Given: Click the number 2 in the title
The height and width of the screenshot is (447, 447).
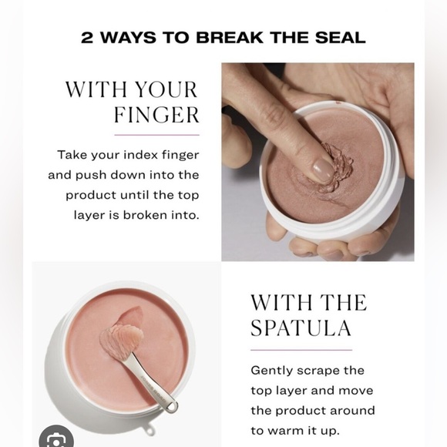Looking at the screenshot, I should tap(87, 37).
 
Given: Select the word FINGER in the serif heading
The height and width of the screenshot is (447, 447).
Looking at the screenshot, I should tap(156, 115).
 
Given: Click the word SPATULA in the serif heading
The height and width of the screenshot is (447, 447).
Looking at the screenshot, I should tap(301, 328).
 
